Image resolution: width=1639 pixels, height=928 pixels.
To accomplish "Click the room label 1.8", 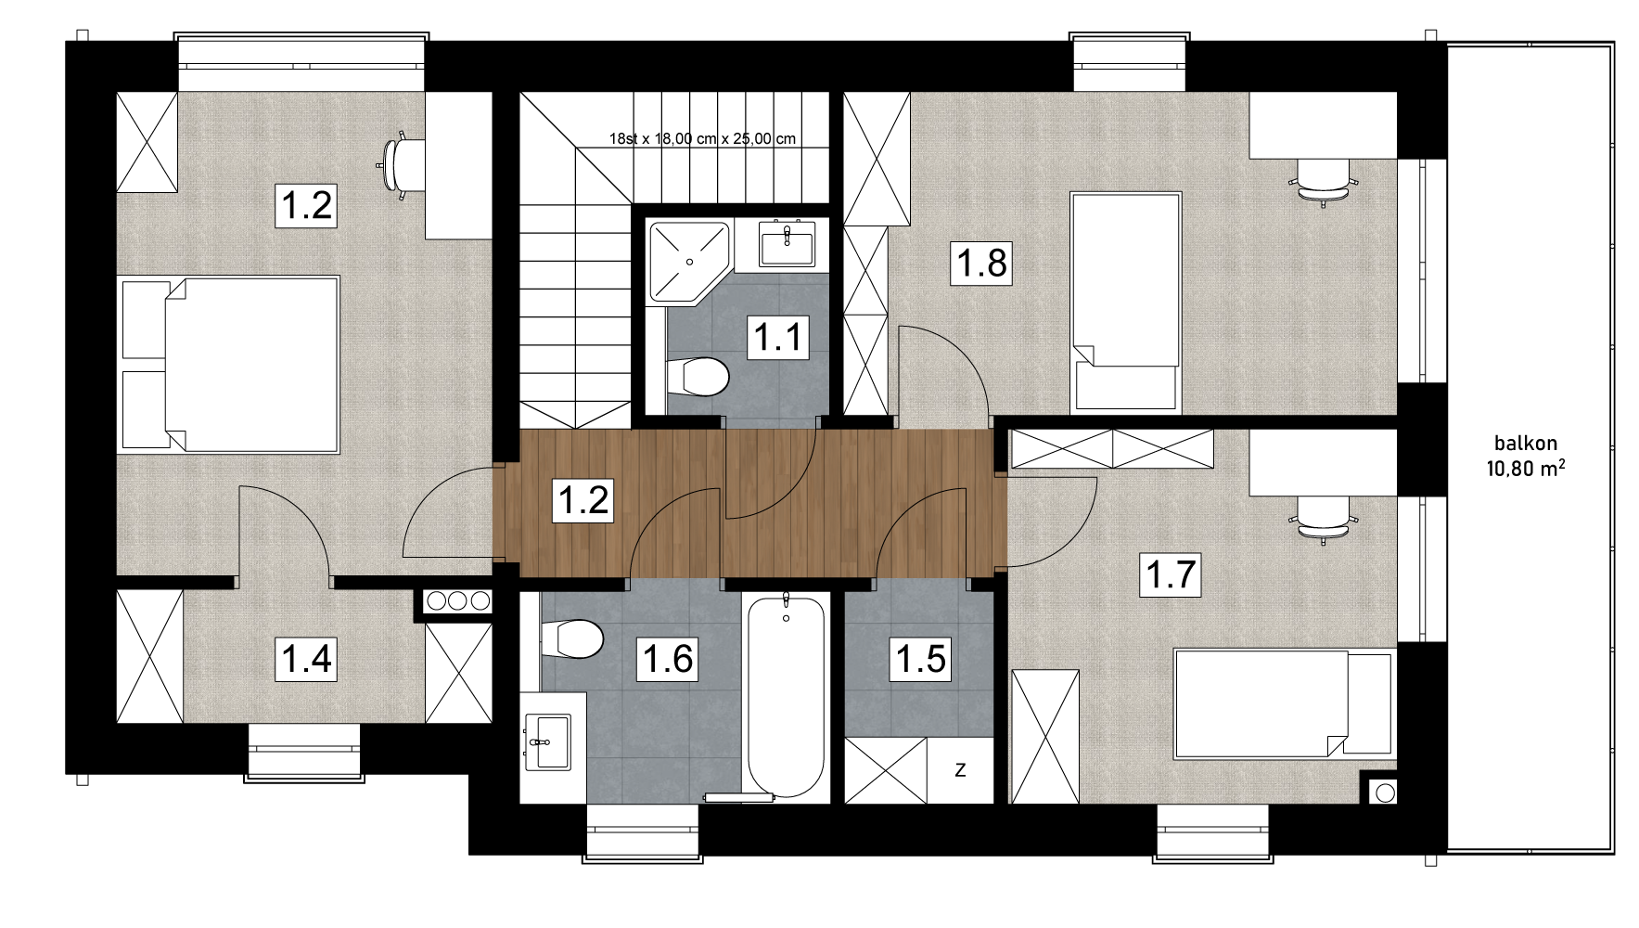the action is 982,263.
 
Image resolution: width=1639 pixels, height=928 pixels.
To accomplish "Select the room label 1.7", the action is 1172,574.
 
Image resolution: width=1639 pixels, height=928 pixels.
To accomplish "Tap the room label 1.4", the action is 306,658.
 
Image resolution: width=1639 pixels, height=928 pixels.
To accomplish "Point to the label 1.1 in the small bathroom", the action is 777,336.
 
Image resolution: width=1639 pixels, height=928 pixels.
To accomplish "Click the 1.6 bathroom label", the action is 667,658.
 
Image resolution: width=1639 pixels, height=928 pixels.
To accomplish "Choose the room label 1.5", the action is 920,658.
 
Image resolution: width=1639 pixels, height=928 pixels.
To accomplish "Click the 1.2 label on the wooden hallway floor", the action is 583,500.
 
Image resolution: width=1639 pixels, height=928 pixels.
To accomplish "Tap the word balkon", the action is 1526,444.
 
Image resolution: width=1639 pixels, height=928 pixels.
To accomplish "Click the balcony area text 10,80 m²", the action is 1526,468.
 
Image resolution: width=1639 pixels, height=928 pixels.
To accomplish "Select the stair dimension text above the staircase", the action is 702,139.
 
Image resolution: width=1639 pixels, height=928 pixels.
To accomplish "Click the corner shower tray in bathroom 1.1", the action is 690,263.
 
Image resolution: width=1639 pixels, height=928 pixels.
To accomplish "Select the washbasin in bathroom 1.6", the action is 547,741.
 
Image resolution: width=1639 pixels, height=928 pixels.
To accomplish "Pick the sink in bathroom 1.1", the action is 787,246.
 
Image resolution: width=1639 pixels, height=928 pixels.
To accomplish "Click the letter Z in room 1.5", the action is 960,769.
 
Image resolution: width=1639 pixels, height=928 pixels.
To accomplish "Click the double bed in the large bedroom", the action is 229,365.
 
